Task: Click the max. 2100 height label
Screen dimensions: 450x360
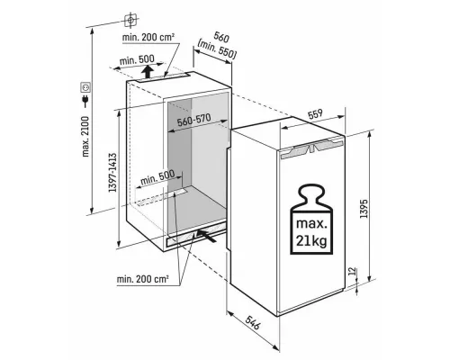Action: (85, 137)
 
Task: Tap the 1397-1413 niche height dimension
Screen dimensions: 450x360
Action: (112, 173)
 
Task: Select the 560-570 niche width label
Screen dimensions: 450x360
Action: (193, 120)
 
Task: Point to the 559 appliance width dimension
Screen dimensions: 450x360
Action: (315, 114)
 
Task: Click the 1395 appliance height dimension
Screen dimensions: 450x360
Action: (364, 209)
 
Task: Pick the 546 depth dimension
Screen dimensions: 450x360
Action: (252, 322)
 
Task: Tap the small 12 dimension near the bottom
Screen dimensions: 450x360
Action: (353, 271)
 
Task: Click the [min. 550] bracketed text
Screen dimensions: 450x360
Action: (217, 49)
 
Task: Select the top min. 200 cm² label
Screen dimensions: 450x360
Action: (148, 38)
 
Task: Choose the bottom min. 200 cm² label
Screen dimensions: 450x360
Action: (142, 279)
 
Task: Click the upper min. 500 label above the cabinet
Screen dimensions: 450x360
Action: (137, 59)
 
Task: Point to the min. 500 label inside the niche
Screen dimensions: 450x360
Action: (157, 177)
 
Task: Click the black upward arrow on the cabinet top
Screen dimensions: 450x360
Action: (147, 72)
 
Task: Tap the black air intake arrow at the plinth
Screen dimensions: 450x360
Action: (206, 235)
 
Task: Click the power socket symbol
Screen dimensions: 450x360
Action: (85, 87)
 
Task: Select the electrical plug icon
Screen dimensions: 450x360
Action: (85, 101)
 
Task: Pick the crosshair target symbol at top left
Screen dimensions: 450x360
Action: (130, 20)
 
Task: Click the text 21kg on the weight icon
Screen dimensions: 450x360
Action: (311, 240)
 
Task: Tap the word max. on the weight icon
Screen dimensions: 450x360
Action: (310, 224)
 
